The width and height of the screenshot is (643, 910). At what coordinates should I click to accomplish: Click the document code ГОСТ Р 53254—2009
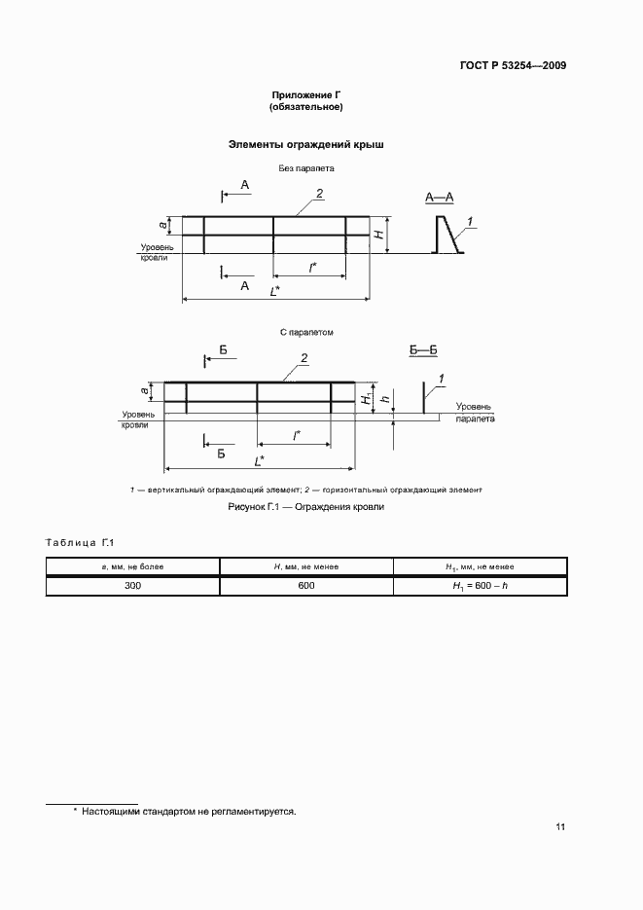[x=513, y=66]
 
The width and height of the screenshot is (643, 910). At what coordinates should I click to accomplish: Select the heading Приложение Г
[x=306, y=94]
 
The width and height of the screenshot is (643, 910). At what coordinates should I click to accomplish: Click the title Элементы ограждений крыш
[x=306, y=144]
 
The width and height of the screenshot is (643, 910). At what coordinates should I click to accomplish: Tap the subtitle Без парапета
[x=306, y=168]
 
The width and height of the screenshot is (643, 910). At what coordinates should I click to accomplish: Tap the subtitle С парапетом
[x=306, y=332]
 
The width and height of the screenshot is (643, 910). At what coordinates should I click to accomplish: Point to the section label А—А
[x=440, y=198]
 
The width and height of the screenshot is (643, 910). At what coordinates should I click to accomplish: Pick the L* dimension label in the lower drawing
[x=260, y=458]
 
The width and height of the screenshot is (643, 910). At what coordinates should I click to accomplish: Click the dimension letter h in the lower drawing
[x=385, y=399]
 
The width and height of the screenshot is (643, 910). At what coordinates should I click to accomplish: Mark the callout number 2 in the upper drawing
[x=317, y=194]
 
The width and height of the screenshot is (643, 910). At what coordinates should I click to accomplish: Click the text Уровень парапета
[x=473, y=413]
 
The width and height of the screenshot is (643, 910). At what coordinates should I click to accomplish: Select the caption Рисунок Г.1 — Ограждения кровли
[x=306, y=507]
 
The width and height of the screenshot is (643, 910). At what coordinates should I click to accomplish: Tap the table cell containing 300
[x=133, y=586]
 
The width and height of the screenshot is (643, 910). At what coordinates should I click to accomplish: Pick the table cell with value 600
[x=306, y=586]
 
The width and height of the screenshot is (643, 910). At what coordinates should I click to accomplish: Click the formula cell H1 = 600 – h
[x=480, y=586]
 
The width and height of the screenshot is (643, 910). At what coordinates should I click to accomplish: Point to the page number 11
[x=560, y=827]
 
